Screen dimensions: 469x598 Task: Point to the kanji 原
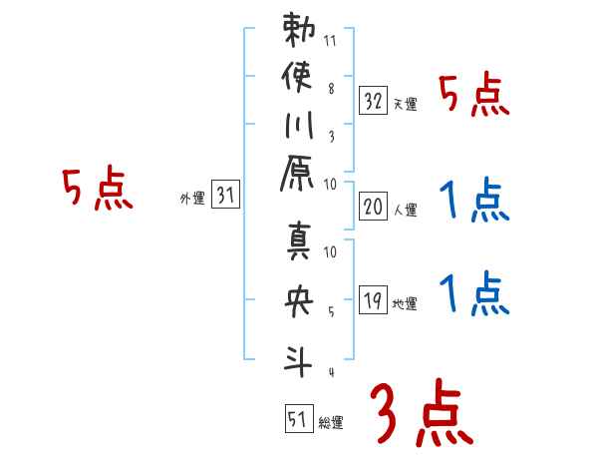point(300,179)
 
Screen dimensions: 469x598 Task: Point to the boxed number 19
point(374,300)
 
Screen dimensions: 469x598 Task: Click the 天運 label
point(405,104)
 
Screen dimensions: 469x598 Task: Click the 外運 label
point(191,199)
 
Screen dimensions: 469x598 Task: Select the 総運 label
point(330,422)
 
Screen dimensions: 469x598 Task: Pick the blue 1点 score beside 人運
point(473,203)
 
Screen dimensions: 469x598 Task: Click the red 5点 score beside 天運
point(473,97)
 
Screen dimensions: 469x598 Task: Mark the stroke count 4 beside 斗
point(330,372)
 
